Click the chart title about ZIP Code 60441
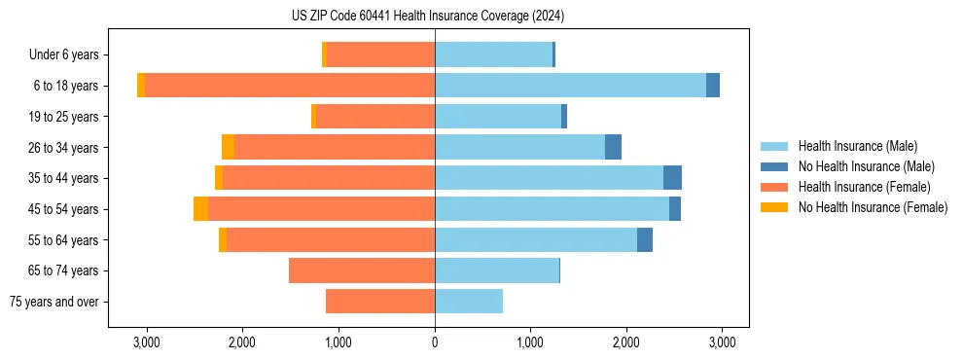[427, 17]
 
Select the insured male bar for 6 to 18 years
[570, 86]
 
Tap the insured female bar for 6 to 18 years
[290, 86]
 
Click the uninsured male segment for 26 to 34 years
[613, 147]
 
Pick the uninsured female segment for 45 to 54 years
[200, 209]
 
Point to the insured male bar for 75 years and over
[469, 302]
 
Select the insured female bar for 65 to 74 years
[362, 270]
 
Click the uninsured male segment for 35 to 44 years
[672, 178]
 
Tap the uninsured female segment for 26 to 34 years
[228, 147]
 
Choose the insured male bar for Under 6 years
[493, 54]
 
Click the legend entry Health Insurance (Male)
[857, 146]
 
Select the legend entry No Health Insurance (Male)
[865, 166]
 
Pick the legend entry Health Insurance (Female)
[864, 187]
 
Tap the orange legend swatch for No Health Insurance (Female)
[775, 207]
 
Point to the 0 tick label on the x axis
[435, 342]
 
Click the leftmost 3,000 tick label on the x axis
[146, 342]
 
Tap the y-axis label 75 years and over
[53, 302]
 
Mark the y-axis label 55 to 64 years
[64, 240]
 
